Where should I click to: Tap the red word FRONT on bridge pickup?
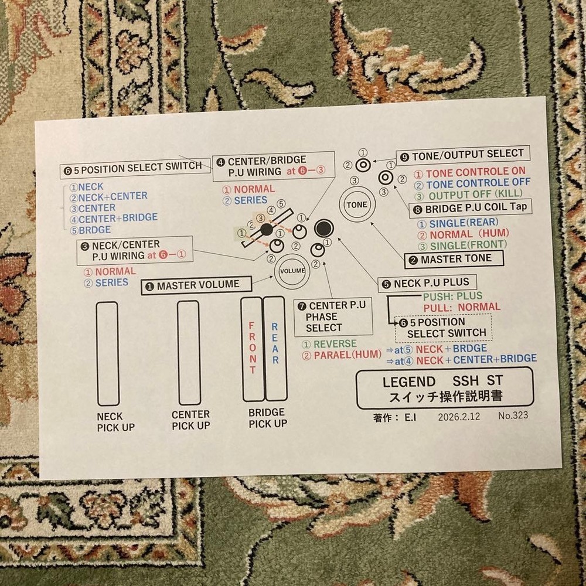(x=253, y=347)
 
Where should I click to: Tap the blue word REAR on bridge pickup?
(x=275, y=343)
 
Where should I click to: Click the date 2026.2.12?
(x=459, y=417)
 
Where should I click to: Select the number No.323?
(x=513, y=415)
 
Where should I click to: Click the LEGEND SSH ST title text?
(x=442, y=381)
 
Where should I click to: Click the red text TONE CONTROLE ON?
(x=470, y=173)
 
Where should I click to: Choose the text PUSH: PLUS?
(x=452, y=297)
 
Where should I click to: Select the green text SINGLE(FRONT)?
(x=462, y=246)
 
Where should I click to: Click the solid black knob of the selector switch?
(x=266, y=230)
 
